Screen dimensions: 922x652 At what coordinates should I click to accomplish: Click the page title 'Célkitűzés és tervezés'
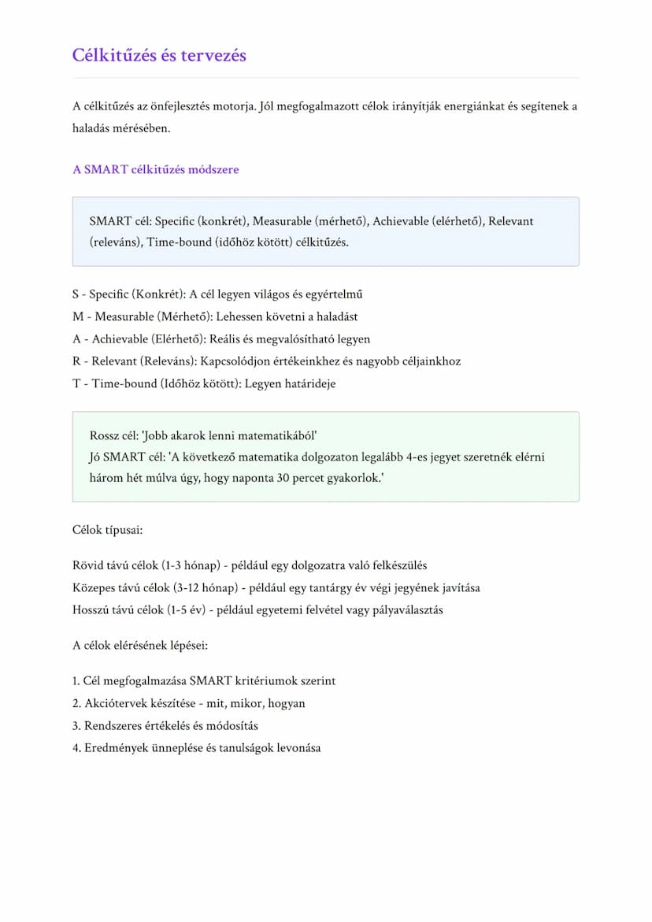pos(159,55)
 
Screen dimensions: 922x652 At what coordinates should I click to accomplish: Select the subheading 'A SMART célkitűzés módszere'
pos(155,169)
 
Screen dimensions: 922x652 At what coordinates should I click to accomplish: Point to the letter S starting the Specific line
pos(76,294)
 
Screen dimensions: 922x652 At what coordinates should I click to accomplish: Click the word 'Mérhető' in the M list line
pos(180,317)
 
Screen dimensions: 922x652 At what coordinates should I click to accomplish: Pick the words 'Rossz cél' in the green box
pos(114,435)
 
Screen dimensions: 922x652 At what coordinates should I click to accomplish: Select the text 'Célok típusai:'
pos(107,530)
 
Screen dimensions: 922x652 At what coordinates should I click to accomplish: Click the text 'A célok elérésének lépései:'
pos(140,646)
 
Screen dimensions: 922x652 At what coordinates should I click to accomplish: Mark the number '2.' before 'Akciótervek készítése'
pos(76,704)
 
